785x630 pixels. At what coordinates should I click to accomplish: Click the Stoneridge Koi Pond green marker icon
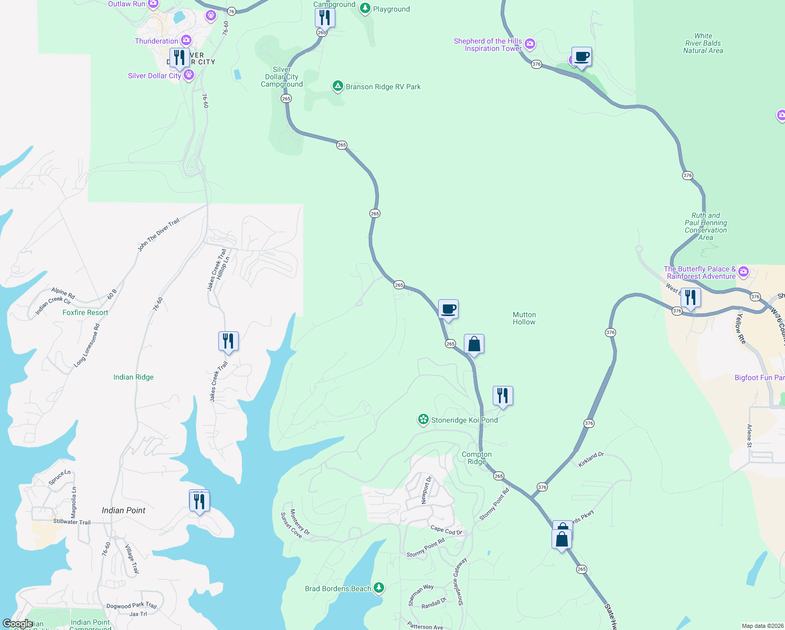(423, 419)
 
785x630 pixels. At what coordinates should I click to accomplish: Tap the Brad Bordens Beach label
(338, 589)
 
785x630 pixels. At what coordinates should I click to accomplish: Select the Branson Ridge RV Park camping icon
(338, 86)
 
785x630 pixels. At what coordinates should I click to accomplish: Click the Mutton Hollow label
(524, 318)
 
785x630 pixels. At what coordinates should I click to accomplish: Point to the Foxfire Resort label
(85, 312)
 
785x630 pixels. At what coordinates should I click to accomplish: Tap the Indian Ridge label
(133, 377)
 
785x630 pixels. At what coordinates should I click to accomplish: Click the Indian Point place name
(123, 510)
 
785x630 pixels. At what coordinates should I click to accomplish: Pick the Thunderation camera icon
(186, 40)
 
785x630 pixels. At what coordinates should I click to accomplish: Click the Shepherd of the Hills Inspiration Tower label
(487, 45)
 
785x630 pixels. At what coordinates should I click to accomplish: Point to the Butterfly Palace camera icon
(743, 272)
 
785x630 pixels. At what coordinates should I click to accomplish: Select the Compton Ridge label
(476, 458)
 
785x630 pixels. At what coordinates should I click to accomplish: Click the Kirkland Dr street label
(591, 459)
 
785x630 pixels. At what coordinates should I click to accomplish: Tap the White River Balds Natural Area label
(703, 44)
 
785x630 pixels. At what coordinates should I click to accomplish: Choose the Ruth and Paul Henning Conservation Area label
(706, 226)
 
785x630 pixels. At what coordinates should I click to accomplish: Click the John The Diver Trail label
(158, 235)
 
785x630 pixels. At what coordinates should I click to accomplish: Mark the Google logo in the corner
(17, 624)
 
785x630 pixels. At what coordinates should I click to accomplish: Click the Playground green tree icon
(365, 8)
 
